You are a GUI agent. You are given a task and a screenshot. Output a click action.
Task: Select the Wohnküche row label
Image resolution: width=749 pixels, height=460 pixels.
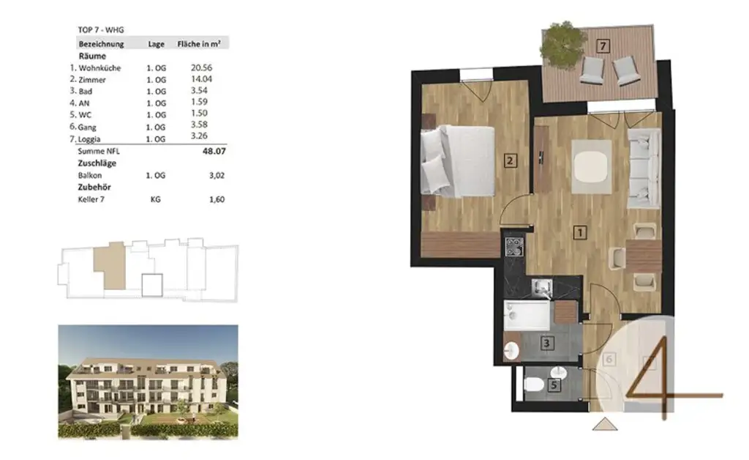click(99, 68)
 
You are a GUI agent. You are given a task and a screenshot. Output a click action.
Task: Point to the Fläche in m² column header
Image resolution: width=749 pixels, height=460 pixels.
click(203, 44)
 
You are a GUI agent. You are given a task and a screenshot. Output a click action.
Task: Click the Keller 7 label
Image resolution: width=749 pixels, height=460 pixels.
click(92, 199)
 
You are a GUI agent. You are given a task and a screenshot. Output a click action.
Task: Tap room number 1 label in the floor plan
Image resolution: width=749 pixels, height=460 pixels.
click(579, 233)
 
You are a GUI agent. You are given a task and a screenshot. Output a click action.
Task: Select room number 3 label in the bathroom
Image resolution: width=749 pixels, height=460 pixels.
click(546, 341)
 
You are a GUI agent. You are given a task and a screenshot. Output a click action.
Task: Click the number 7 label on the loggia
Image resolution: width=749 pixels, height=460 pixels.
click(603, 46)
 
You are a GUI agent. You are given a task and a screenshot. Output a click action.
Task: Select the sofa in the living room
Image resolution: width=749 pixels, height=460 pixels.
click(641, 168)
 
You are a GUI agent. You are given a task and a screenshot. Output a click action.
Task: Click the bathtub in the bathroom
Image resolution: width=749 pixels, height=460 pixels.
click(527, 316)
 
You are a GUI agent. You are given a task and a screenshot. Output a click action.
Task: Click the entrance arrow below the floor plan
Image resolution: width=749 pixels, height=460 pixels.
click(603, 425)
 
